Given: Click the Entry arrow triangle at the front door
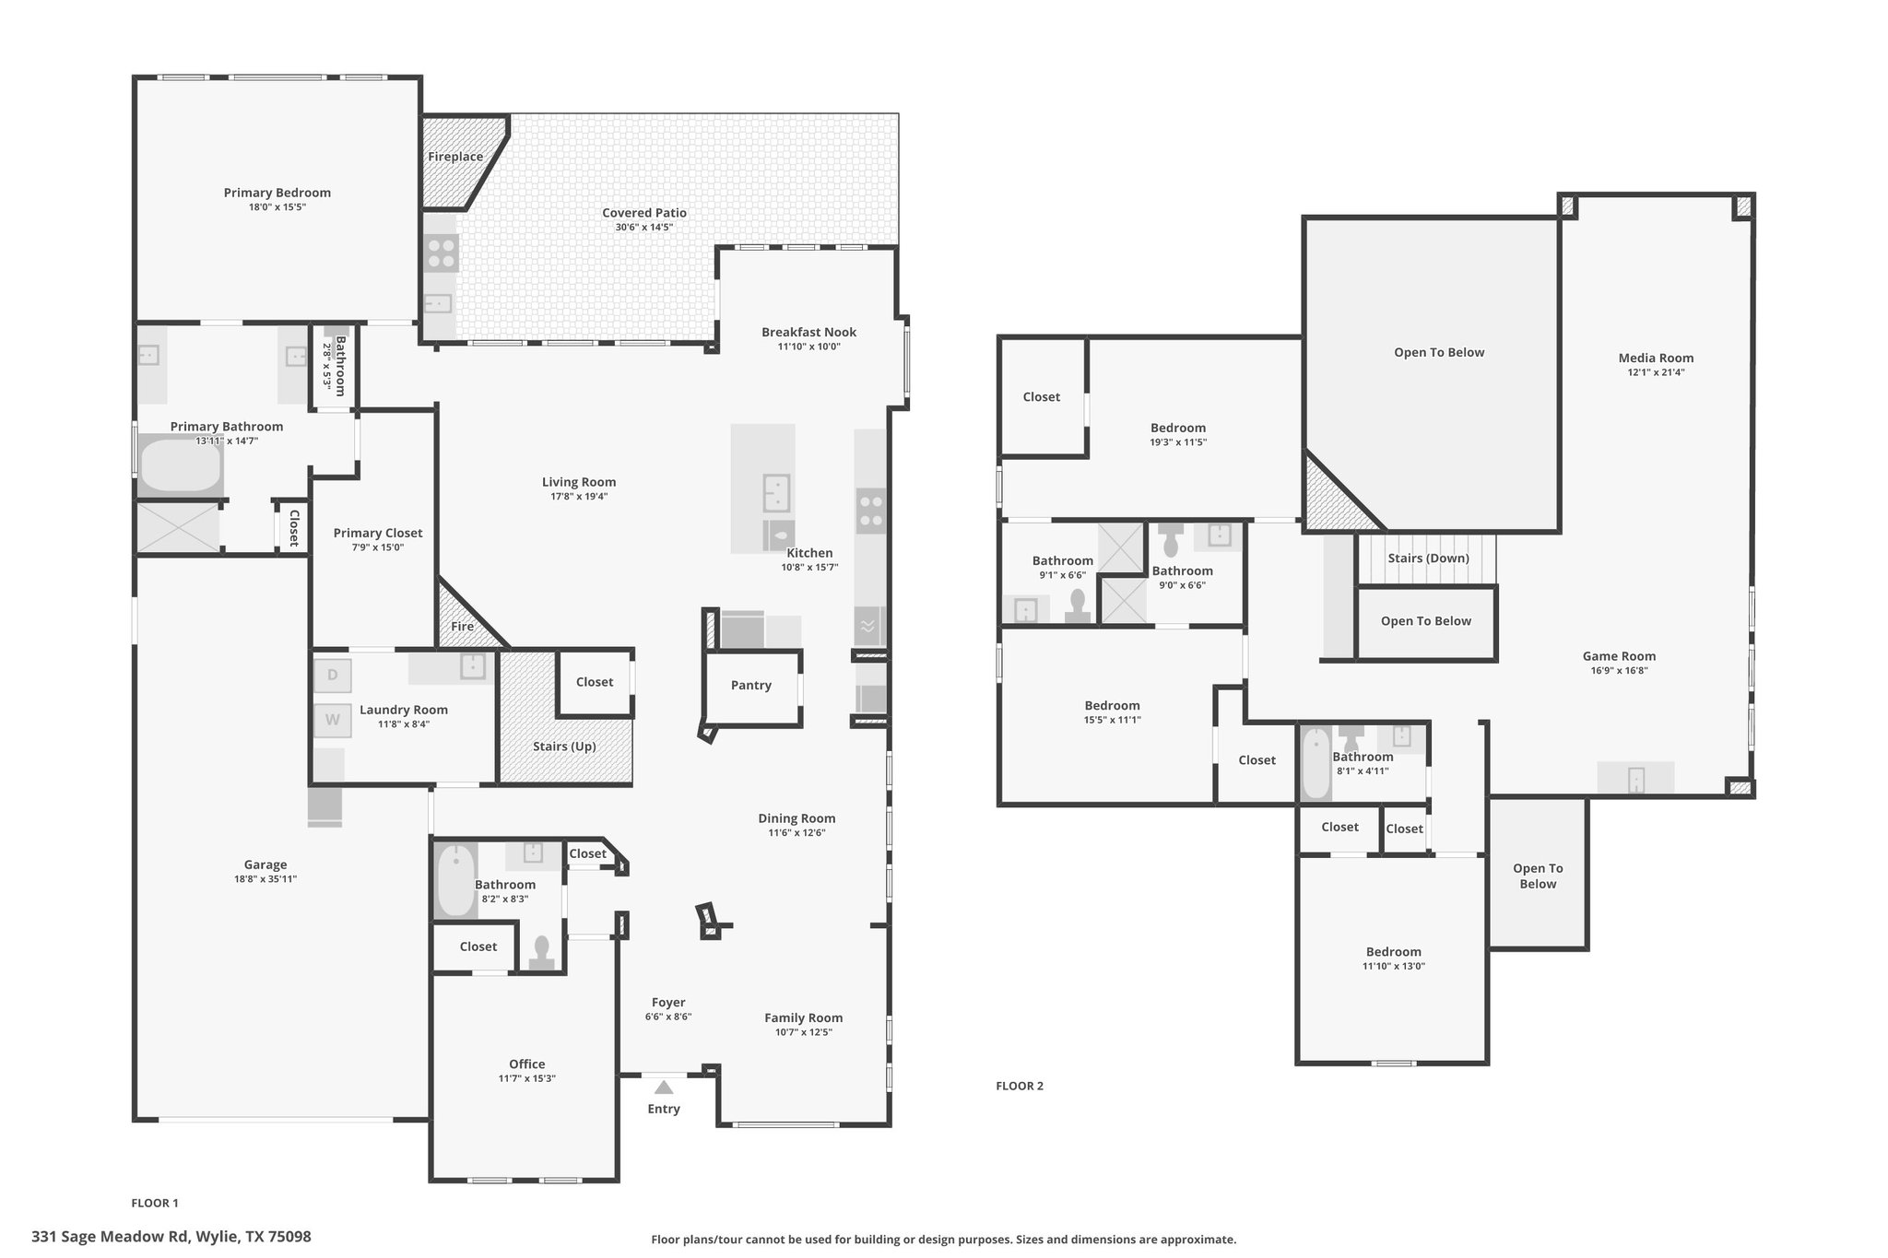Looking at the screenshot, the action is [x=664, y=1088].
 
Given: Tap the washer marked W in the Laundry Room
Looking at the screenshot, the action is [x=333, y=720].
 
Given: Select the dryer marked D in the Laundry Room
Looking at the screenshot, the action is [x=333, y=675].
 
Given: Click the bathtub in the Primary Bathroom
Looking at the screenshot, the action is [x=181, y=466].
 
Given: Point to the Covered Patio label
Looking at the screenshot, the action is [x=644, y=213].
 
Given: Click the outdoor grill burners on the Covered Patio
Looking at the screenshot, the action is [x=442, y=253].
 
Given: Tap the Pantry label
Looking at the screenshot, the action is [x=751, y=685].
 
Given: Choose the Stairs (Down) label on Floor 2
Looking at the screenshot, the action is [x=1429, y=558].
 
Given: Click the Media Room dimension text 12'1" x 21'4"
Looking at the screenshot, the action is [x=1656, y=372].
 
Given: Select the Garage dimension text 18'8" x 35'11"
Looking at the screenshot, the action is [x=265, y=879].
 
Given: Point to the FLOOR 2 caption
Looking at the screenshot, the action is [x=1020, y=1086].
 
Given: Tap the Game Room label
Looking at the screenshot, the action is [x=1619, y=656].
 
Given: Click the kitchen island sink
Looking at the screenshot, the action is [x=776, y=492].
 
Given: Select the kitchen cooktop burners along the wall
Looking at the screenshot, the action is [x=871, y=511].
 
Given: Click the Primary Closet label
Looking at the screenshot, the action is [x=378, y=533].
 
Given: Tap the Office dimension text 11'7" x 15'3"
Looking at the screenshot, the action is [x=527, y=1078].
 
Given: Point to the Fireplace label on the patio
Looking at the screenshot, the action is [x=455, y=157].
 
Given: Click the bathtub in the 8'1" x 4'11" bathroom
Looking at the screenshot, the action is [x=1316, y=763].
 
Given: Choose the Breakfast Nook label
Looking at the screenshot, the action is [x=808, y=332].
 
